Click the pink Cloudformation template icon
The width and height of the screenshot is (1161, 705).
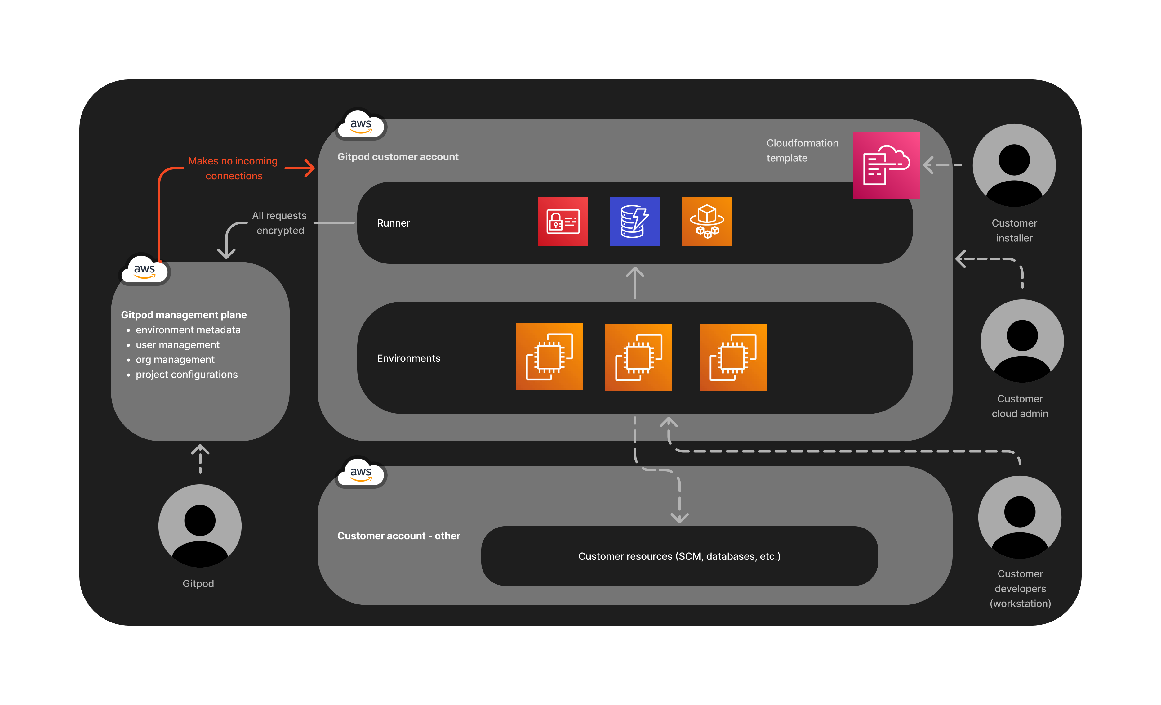[x=886, y=165]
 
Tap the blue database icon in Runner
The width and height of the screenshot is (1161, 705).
[x=635, y=221]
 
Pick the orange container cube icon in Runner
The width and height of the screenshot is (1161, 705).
[x=706, y=221]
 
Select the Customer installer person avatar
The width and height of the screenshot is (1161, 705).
[x=1014, y=165]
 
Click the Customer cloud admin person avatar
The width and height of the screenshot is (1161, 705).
[x=1021, y=340]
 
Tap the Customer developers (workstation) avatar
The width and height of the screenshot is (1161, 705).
[x=1020, y=517]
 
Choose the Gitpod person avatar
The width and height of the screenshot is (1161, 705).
[x=200, y=525]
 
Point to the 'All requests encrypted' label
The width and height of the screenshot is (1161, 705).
[x=279, y=223]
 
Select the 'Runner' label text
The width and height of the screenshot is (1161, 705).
[x=394, y=223]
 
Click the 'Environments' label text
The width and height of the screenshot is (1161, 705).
[x=408, y=358]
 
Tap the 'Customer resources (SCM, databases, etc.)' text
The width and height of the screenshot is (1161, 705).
[x=679, y=556]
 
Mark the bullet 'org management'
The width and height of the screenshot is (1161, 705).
[x=175, y=360]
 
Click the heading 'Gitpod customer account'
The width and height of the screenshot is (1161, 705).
[x=398, y=157]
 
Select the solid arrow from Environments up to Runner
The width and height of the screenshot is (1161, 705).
[x=635, y=283]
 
